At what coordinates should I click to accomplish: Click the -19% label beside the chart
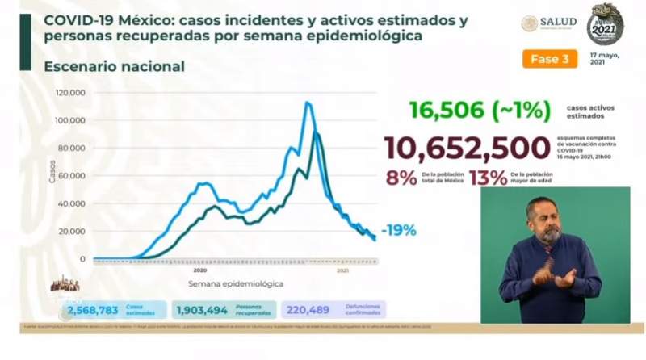click(399, 230)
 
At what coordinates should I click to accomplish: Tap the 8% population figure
click(401, 178)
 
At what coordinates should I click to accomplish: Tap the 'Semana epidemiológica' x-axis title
click(236, 285)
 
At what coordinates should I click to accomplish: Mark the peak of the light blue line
click(308, 103)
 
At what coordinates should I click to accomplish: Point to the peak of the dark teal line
click(315, 132)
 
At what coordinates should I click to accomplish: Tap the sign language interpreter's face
click(550, 221)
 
